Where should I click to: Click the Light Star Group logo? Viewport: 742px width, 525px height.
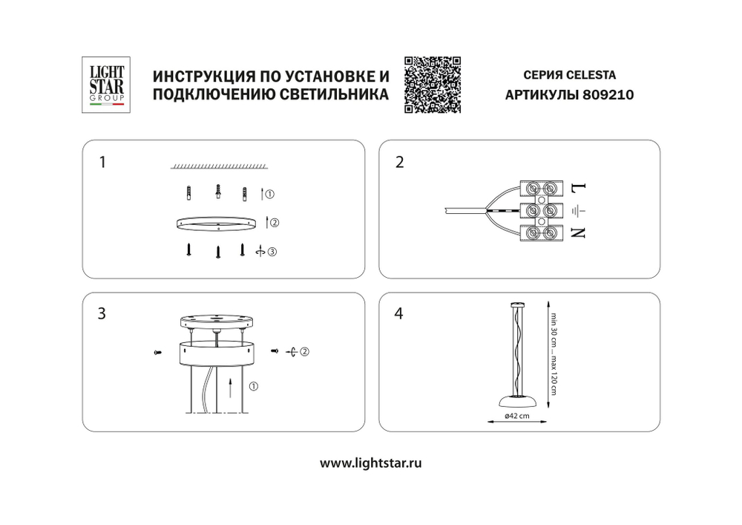[107, 85]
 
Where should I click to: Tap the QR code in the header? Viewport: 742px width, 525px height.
[433, 85]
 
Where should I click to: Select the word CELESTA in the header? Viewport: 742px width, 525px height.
[591, 75]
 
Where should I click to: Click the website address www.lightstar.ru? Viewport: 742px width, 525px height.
[371, 463]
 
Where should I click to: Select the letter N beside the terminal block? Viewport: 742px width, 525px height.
[580, 233]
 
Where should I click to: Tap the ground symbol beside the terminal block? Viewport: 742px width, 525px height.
[580, 210]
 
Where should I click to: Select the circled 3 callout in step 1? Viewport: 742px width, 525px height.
[272, 252]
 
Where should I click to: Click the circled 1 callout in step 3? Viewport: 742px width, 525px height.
[253, 386]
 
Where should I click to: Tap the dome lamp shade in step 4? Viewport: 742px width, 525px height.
[516, 400]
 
